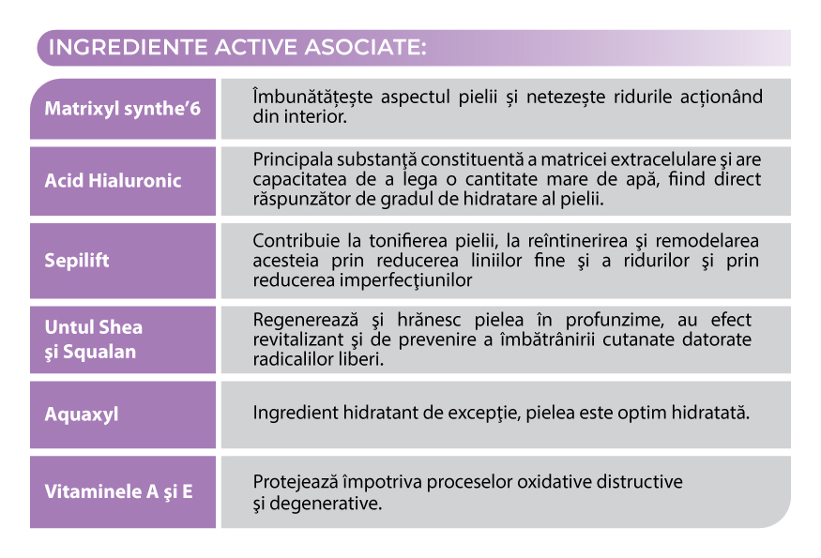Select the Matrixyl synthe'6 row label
123,108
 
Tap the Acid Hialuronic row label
114,180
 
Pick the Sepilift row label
77,260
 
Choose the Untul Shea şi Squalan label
94,339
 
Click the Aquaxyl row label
82,414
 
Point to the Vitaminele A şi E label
118,490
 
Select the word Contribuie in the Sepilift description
293,241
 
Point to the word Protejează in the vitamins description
296,482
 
